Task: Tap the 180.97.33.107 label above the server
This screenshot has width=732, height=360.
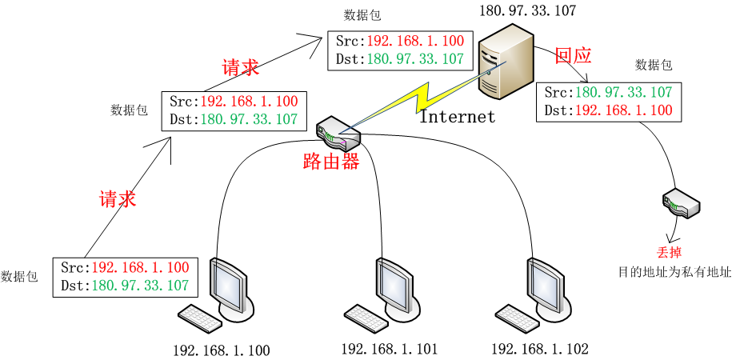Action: [x=527, y=10]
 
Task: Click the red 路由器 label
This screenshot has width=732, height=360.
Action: [x=330, y=161]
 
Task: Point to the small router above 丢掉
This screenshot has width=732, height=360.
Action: [x=682, y=203]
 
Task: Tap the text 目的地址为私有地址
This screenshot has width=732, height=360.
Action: [x=674, y=272]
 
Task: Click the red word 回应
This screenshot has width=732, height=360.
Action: [x=573, y=55]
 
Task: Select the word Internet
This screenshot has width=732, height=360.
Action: [x=458, y=117]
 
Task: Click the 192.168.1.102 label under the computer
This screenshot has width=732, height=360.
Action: [x=539, y=349]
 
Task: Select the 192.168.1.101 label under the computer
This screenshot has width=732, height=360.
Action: [x=390, y=349]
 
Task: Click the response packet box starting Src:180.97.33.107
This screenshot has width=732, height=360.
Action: [x=608, y=102]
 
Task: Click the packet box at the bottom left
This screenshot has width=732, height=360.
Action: [x=124, y=276]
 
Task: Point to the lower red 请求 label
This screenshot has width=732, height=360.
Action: [x=118, y=199]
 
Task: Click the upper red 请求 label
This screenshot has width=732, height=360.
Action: [x=240, y=68]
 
